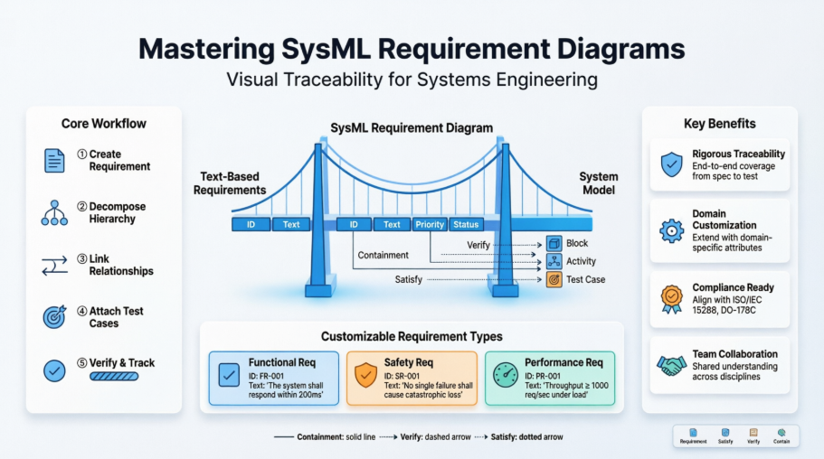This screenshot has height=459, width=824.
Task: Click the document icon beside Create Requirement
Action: [54, 161]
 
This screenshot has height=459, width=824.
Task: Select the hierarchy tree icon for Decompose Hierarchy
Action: [54, 212]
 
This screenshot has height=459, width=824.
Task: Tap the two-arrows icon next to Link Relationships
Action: [54, 265]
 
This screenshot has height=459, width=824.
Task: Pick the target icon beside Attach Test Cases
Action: [54, 317]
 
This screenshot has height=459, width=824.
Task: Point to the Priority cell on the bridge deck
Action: [430, 224]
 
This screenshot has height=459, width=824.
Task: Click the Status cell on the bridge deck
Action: [466, 224]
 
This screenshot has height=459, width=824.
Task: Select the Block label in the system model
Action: [576, 243]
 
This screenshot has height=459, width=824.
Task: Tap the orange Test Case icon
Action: [554, 280]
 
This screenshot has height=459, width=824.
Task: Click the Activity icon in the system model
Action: [554, 261]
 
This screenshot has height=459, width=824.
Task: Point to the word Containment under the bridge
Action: [384, 256]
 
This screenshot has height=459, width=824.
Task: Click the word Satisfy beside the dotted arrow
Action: [410, 280]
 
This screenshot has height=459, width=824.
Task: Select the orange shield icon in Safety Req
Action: [365, 374]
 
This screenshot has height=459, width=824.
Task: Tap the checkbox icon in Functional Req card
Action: [229, 374]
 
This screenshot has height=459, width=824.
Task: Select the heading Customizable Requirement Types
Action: [412, 336]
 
